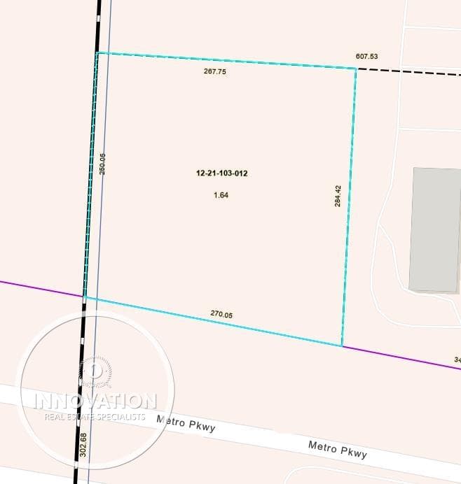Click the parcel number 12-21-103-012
click(222, 172)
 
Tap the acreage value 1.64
click(221, 195)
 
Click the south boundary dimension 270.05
click(221, 315)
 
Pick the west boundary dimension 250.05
click(102, 164)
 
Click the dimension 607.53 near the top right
click(366, 57)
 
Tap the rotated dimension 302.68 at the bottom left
click(84, 445)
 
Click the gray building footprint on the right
click(434, 229)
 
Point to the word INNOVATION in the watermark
click(97, 401)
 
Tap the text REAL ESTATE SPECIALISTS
click(95, 417)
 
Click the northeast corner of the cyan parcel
click(356, 69)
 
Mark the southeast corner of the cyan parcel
click(342, 345)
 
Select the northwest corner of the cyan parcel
click(97, 52)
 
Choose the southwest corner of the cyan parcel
click(85, 297)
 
